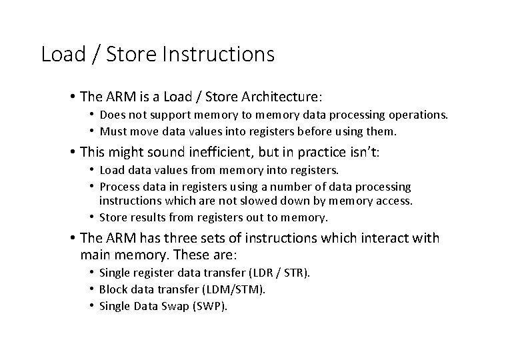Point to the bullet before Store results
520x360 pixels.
pyautogui.click(x=91, y=217)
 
